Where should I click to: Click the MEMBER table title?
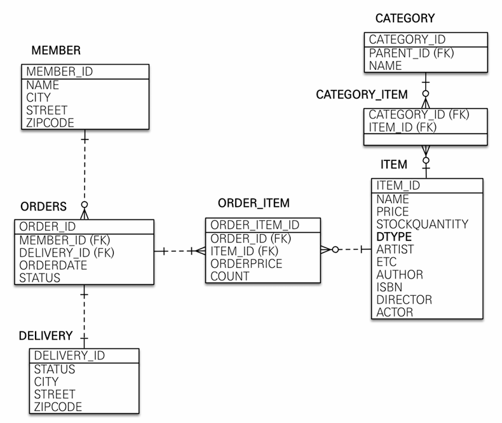click(x=56, y=50)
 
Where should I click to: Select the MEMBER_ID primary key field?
click(x=59, y=72)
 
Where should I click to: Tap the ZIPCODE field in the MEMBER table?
click(x=50, y=123)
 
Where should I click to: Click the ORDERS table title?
click(x=43, y=207)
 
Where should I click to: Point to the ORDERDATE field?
click(x=53, y=265)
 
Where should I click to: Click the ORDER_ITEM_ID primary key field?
click(x=255, y=225)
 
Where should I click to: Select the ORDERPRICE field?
click(x=247, y=263)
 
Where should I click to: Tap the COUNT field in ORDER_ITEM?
click(x=230, y=277)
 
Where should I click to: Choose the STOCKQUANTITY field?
click(x=422, y=224)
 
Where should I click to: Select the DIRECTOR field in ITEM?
click(x=404, y=300)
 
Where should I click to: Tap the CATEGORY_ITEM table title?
click(x=362, y=95)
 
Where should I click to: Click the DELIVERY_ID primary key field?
click(x=69, y=356)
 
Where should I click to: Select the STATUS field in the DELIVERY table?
click(x=55, y=369)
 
